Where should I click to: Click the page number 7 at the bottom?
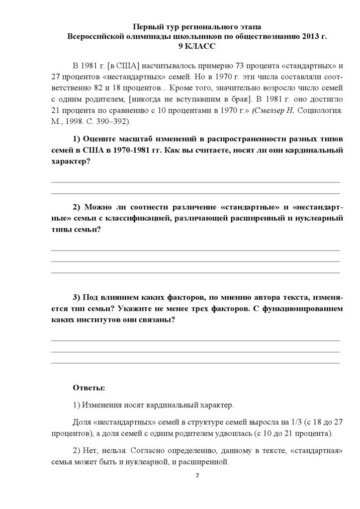point(197,476)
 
